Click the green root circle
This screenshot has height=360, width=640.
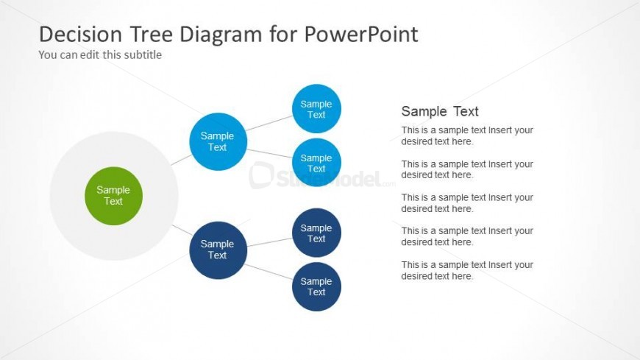[113, 196]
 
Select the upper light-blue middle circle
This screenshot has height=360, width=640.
[218, 141]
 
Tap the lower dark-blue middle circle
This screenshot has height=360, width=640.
[218, 250]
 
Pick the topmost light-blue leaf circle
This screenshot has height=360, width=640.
[316, 109]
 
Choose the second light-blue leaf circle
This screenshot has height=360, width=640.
[316, 162]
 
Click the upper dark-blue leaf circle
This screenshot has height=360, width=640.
[316, 233]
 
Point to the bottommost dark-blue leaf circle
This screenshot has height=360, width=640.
[316, 286]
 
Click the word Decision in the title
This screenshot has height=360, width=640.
[80, 34]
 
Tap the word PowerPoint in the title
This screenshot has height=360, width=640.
[361, 34]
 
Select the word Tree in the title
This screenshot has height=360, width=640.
[152, 34]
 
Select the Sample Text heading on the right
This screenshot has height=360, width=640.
[440, 111]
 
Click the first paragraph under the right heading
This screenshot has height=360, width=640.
[467, 135]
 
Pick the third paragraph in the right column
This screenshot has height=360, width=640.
[467, 203]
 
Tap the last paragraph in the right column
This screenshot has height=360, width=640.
[467, 270]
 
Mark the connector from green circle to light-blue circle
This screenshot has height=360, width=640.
[181, 160]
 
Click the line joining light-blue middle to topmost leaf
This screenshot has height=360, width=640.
[269, 123]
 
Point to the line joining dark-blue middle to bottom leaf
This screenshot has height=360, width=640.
[269, 272]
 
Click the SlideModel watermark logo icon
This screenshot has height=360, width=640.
[261, 175]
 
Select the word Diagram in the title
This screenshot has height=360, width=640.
[221, 34]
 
